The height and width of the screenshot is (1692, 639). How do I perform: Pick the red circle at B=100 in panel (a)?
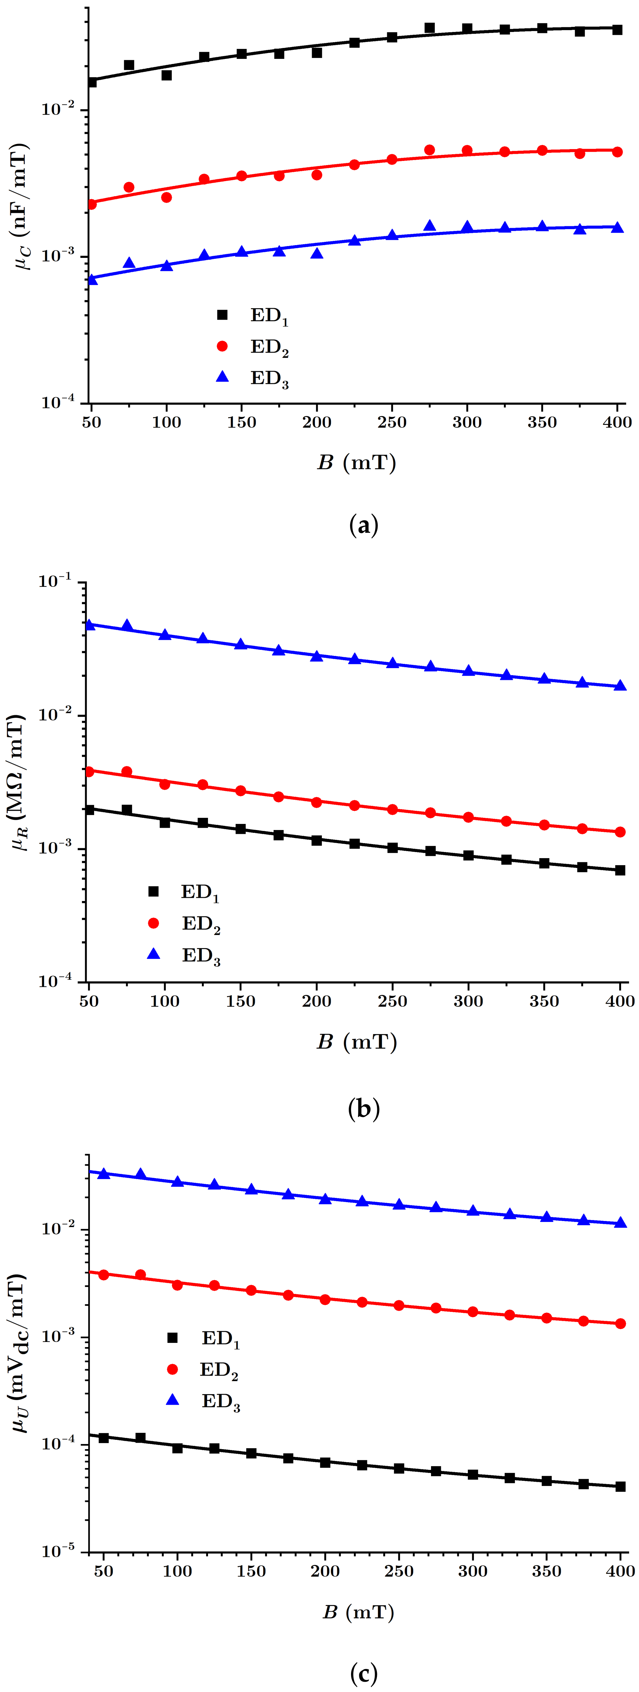click(166, 197)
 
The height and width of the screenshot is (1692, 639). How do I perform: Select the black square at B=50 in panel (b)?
click(89, 810)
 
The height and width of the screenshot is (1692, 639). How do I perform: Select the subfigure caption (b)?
click(363, 1109)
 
